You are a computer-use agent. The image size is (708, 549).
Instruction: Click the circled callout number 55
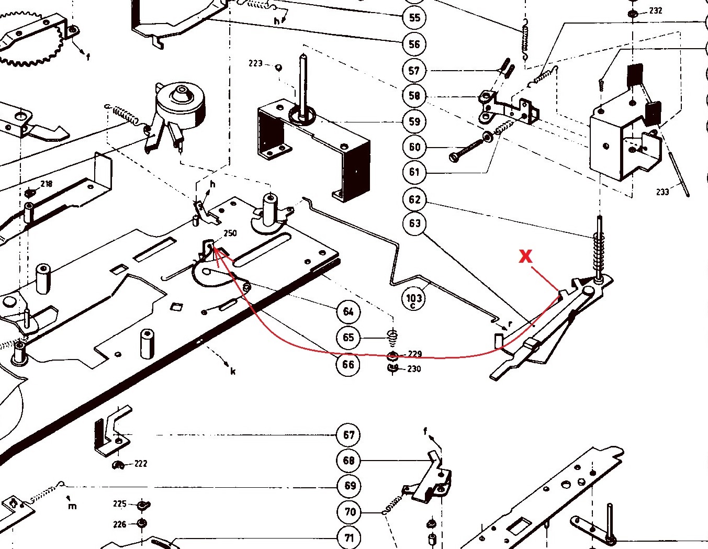coord(414,17)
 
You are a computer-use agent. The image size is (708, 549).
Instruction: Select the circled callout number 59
coord(414,121)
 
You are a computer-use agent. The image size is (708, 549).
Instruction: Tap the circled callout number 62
coord(414,199)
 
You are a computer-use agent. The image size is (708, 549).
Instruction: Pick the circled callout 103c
coord(414,299)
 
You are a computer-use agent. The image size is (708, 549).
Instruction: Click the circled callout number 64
coord(349,312)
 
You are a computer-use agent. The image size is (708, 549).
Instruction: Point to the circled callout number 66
coord(349,364)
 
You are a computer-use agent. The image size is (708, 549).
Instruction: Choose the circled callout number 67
coord(349,435)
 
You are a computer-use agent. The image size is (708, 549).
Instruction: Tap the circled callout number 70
coord(350,512)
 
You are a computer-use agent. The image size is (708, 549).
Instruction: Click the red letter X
coord(525,256)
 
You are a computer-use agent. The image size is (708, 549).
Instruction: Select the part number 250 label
coord(230,233)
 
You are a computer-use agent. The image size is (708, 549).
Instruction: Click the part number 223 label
coord(255,63)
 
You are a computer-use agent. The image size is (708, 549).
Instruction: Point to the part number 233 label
coord(662,192)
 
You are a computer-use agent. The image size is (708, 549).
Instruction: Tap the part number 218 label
coord(46,184)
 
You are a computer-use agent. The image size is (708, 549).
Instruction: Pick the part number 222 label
coord(141,463)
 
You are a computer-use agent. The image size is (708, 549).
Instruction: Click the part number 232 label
coord(656,10)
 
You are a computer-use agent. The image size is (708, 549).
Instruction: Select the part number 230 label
coord(414,368)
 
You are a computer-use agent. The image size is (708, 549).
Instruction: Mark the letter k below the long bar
coord(233,371)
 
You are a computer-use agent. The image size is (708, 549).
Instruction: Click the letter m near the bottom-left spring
coord(72,506)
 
